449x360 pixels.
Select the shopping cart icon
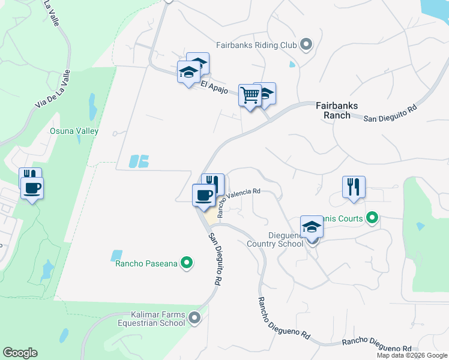tap(249, 95)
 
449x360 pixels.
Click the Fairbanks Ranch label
tap(337, 110)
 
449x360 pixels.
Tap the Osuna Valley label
tap(74, 131)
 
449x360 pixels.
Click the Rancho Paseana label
tap(146, 262)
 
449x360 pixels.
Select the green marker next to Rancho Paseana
tap(187, 262)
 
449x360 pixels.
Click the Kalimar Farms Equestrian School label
tap(158, 318)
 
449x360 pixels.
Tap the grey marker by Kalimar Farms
tap(194, 318)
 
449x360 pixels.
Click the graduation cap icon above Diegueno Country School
tap(312, 227)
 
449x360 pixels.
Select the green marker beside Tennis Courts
tap(372, 218)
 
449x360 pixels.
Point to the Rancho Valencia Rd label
tap(238, 201)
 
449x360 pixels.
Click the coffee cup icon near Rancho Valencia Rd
tap(204, 195)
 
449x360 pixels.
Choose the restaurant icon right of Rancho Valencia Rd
tap(354, 186)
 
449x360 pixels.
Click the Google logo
tap(20, 353)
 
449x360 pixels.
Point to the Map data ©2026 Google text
tap(412, 355)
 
